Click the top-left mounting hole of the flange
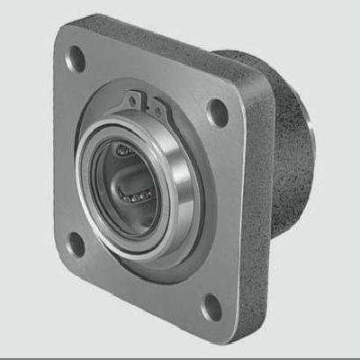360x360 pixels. (76, 59)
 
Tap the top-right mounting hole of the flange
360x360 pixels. (217, 112)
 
